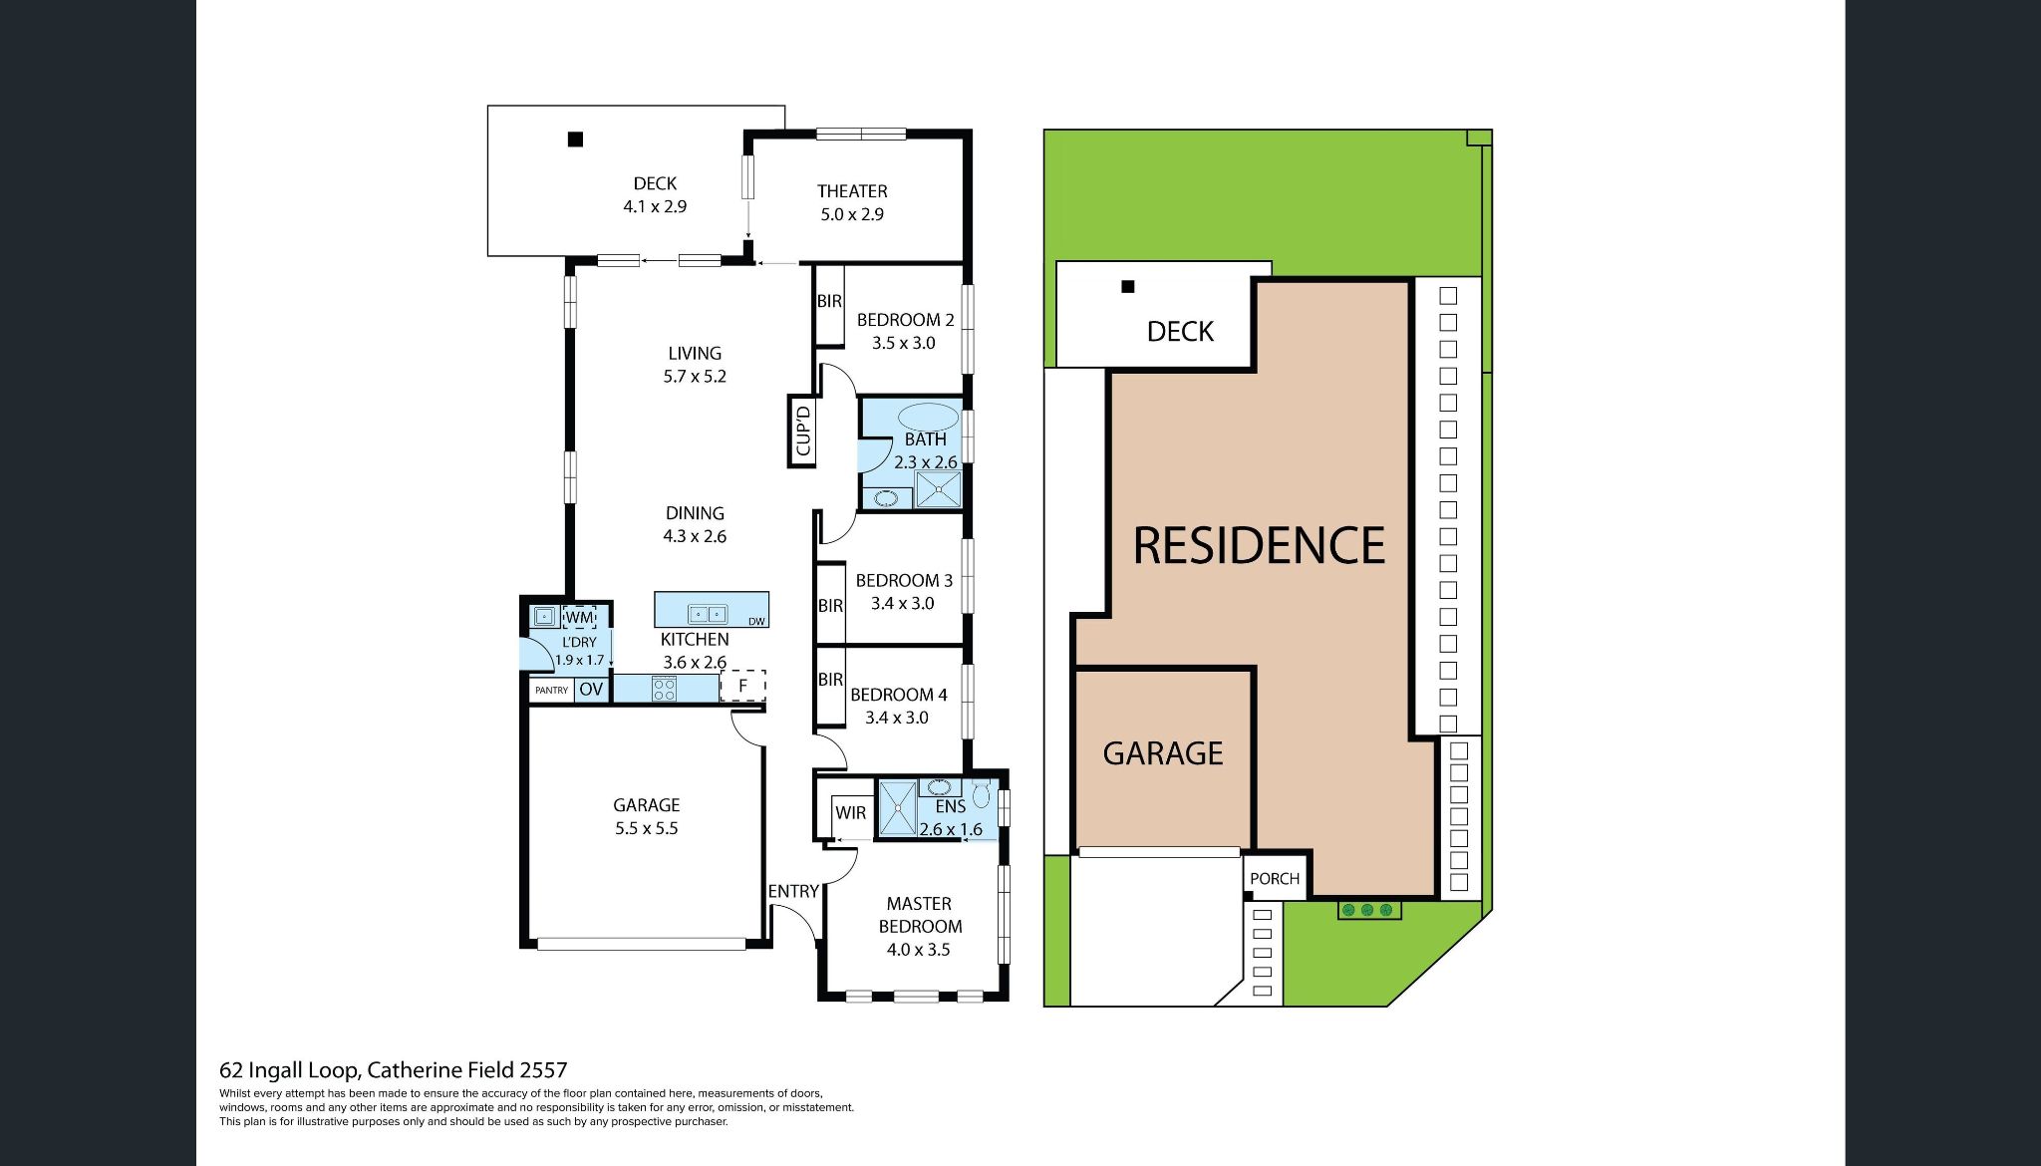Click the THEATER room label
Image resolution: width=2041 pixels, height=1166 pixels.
pos(852,191)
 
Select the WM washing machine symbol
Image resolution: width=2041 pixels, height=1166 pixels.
pos(579,617)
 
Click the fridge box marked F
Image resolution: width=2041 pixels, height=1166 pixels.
pos(742,686)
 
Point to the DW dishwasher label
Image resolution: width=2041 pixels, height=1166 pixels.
pos(756,622)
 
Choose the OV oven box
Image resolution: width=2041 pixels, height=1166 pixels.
pos(591,690)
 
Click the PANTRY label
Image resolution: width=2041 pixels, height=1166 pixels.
pos(551,690)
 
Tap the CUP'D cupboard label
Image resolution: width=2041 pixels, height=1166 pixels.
pos(803,430)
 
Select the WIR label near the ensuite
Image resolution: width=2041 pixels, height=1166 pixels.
pos(850,812)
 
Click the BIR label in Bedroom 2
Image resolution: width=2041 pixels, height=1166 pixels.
pos(829,301)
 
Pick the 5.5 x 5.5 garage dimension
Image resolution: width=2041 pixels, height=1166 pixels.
pos(647,828)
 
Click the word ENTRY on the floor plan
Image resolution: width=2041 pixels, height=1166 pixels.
pos(793,891)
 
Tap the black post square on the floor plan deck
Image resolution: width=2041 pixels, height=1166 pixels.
pos(575,140)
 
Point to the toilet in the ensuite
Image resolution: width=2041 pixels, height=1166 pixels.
pos(982,794)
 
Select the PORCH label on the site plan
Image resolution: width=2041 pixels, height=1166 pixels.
pos(1275,878)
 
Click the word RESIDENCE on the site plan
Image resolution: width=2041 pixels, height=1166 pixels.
pos(1260,546)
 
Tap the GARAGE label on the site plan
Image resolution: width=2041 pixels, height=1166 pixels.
pos(1163,753)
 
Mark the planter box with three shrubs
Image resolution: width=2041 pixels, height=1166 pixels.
pos(1369,910)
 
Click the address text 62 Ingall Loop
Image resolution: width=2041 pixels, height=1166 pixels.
pos(290,1070)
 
